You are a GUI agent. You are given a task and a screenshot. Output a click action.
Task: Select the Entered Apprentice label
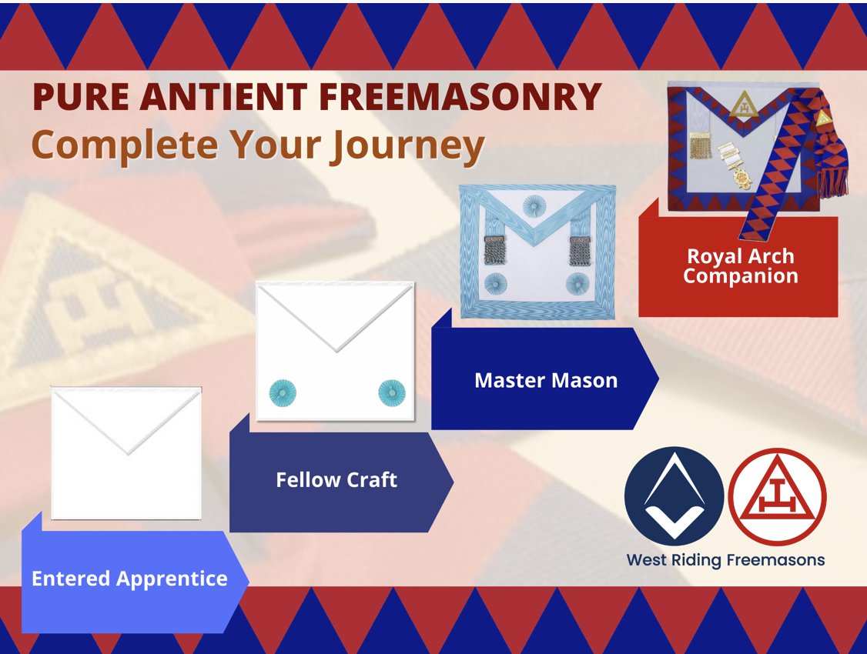129,579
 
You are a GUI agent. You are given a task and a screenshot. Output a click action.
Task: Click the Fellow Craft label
336,480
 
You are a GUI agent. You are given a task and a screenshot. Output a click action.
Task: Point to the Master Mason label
545,379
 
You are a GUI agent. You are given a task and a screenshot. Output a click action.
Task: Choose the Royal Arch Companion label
740,266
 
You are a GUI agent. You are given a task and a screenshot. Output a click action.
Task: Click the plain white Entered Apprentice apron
126,454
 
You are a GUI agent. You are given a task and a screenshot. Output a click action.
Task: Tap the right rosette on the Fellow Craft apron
390,393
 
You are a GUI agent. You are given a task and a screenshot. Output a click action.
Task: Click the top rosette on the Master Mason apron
533,205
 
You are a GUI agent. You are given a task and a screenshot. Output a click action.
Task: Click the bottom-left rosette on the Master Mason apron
492,283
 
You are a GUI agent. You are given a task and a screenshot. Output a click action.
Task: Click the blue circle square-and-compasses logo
674,496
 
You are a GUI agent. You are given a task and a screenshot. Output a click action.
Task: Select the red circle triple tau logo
777,496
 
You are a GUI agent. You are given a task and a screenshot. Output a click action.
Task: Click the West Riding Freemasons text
725,560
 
